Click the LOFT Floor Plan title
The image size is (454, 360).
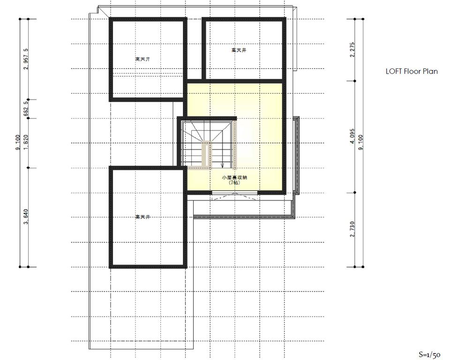411,72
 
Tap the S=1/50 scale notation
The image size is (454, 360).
430,354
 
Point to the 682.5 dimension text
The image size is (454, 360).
26,109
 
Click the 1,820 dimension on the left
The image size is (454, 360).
26,143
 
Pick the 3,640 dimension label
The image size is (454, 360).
26,217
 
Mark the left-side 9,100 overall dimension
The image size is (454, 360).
17,143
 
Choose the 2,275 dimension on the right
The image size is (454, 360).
352,50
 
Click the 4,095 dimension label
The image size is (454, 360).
352,136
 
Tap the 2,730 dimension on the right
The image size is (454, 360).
352,230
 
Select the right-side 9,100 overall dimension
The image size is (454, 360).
361,143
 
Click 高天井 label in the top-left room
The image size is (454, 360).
143,60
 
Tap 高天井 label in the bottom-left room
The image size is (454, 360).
143,217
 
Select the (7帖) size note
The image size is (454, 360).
235,183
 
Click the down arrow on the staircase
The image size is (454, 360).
222,164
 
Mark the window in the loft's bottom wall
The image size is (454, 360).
235,193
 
